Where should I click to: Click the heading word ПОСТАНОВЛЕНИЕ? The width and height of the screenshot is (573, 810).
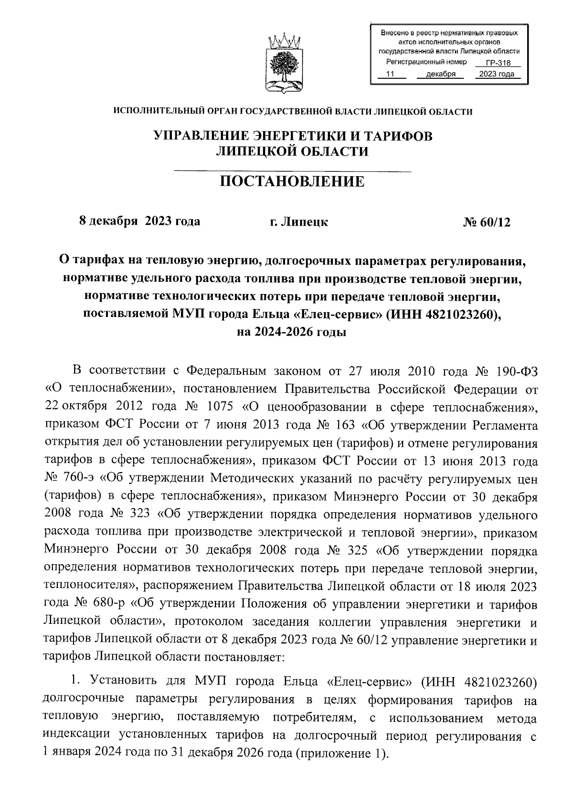pyautogui.click(x=292, y=182)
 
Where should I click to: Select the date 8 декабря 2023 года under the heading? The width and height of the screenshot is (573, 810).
pyautogui.click(x=139, y=221)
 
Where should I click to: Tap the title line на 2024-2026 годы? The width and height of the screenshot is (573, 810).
pyautogui.click(x=292, y=332)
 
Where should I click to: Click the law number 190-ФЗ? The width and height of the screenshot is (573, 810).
pyautogui.click(x=516, y=371)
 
